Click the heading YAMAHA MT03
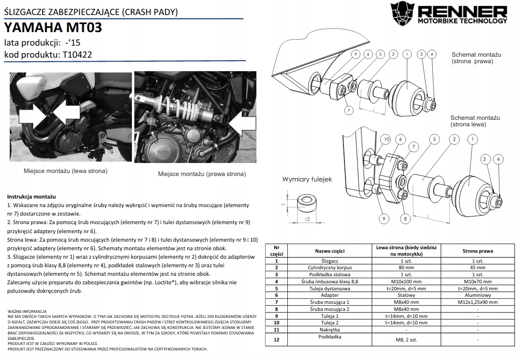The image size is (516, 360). pyautogui.click(x=53, y=28)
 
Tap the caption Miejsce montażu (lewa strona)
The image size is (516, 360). pyautogui.click(x=66, y=171)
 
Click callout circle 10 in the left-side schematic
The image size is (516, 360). pyautogui.click(x=386, y=139)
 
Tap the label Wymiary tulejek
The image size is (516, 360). pyautogui.click(x=307, y=179)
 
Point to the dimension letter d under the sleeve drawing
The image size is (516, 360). pyautogui.click(x=307, y=219)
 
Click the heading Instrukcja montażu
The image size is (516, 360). pyautogui.click(x=31, y=197)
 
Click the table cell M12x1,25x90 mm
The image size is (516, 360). pyautogui.click(x=477, y=302)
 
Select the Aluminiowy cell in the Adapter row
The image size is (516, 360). pyautogui.click(x=477, y=296)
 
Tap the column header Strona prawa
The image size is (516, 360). pyautogui.click(x=477, y=251)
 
